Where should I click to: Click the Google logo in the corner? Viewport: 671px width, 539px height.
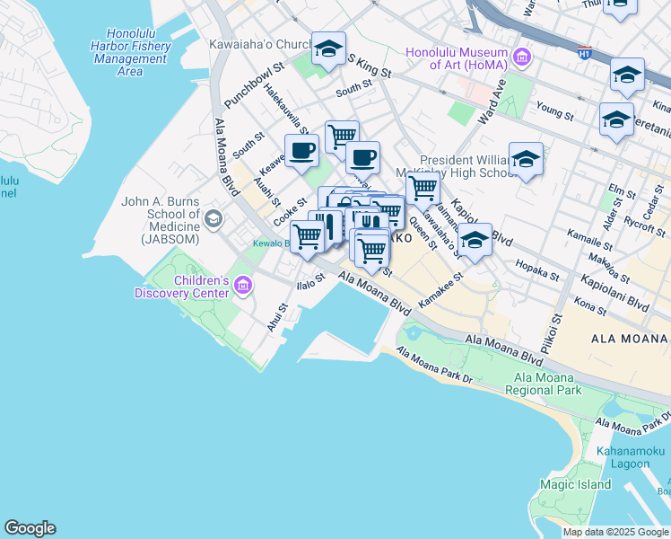click(30, 528)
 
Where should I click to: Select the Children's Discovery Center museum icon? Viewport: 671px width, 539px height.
click(242, 287)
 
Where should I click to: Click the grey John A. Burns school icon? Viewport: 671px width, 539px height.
click(213, 218)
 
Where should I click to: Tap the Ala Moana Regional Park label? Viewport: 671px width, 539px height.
click(542, 384)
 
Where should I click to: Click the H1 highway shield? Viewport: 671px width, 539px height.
click(585, 52)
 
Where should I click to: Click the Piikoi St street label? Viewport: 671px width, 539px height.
click(549, 333)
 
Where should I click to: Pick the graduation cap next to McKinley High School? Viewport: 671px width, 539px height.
click(526, 160)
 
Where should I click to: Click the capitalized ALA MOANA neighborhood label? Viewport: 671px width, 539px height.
click(631, 338)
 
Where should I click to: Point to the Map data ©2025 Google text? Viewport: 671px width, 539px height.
click(615, 532)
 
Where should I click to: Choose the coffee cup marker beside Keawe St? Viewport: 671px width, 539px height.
click(301, 151)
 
